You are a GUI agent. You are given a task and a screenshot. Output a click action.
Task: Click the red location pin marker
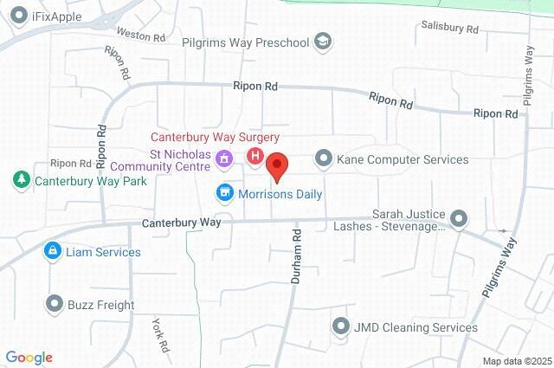[x=277, y=165]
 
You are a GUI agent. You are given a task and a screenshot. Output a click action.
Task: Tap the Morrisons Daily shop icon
[x=224, y=192]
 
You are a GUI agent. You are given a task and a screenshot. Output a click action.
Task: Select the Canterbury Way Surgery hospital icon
[x=255, y=157]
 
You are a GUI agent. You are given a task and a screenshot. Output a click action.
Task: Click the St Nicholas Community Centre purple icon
[x=224, y=158]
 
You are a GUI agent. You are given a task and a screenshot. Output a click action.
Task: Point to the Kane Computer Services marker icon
[x=324, y=158]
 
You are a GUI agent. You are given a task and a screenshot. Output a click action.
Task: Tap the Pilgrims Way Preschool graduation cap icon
[x=323, y=41]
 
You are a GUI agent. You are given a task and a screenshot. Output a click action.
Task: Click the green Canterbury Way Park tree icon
[x=19, y=180]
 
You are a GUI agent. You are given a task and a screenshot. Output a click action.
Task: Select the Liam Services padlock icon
[x=54, y=251]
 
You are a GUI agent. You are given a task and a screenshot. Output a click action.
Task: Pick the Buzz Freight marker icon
[x=54, y=304]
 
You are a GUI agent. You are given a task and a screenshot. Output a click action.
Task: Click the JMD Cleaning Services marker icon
[x=339, y=326]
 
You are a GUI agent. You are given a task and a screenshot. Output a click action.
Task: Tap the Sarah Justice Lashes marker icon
[x=459, y=218]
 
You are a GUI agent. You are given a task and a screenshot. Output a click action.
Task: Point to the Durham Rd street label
[x=296, y=257]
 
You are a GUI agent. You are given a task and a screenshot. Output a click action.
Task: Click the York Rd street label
[x=160, y=336]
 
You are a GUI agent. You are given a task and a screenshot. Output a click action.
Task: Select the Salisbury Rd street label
[x=450, y=29]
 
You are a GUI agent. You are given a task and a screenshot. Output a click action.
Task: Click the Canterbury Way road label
[x=181, y=223]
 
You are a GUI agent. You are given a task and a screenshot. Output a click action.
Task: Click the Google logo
[x=29, y=358]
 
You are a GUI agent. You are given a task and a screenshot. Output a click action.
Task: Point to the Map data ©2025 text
[x=516, y=361]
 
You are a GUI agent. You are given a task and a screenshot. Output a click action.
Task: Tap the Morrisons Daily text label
[x=281, y=194]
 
